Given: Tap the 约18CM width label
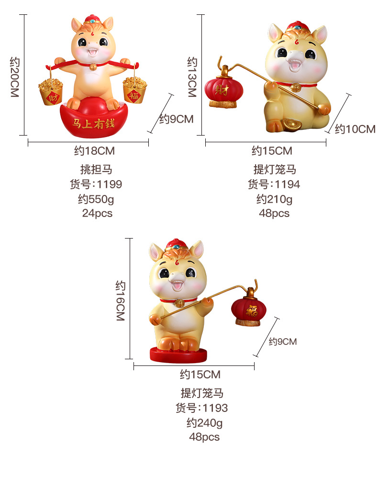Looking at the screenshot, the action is click(94, 151).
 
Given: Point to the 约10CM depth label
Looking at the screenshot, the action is click(355, 128).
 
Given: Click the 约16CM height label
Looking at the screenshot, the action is click(120, 301).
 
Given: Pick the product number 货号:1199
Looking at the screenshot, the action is click(96, 184).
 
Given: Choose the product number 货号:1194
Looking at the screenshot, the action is click(274, 184).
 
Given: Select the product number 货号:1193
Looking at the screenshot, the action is click(201, 408).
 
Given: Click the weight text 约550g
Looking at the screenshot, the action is click(96, 199).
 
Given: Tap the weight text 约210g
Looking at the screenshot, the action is click(274, 199).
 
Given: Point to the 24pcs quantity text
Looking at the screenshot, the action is click(97, 213).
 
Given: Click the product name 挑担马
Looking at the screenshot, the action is click(96, 170).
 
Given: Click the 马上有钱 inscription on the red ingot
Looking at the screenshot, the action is click(93, 123).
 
